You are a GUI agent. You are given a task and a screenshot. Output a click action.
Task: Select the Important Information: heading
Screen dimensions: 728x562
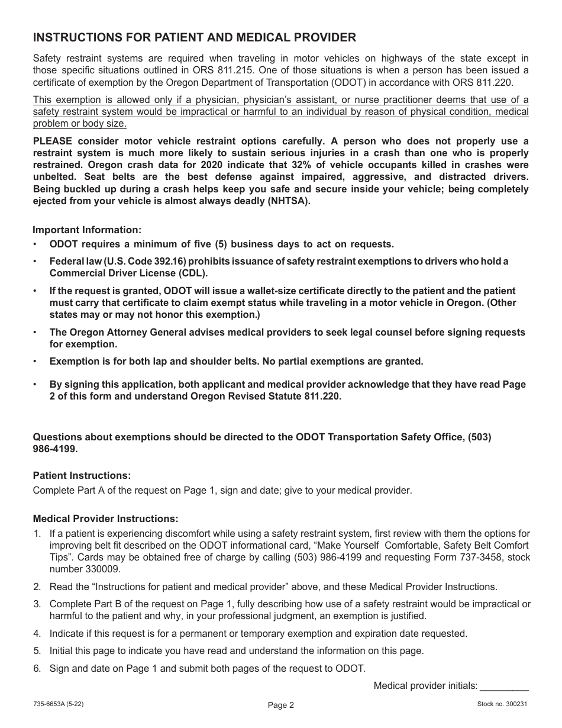click(87, 230)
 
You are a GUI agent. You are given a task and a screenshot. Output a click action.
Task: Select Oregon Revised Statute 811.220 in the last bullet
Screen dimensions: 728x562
click(266, 397)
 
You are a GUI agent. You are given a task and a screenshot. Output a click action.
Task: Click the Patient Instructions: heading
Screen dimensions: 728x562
click(82, 475)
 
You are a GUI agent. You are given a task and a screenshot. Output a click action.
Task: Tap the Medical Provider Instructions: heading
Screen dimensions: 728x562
click(105, 518)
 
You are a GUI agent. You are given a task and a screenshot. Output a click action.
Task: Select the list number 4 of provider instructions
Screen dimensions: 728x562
click(37, 633)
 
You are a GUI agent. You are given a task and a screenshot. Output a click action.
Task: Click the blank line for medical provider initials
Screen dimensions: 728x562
click(504, 687)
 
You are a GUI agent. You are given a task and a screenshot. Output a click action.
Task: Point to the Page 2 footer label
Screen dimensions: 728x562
click(280, 705)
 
